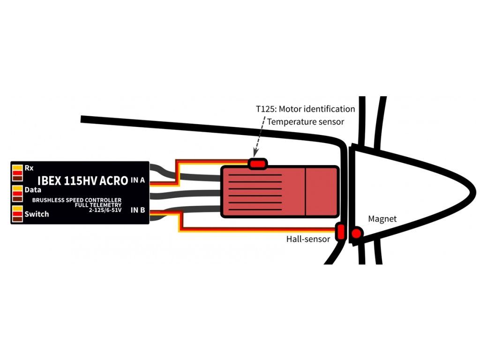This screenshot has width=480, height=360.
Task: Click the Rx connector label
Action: click(29, 167)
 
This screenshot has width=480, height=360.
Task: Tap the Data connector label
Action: click(32, 190)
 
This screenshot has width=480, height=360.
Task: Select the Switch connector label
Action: click(37, 214)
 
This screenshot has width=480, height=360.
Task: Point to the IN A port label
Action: click(138, 180)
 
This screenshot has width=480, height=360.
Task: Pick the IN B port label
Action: click(138, 210)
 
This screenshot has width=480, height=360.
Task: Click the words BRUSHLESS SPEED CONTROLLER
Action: click(76, 200)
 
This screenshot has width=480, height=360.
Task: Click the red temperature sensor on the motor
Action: click(257, 164)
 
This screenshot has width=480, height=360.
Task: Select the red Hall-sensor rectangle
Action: click(341, 232)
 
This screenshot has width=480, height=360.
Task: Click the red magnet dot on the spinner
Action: click(357, 233)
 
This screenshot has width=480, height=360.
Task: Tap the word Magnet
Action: click(382, 219)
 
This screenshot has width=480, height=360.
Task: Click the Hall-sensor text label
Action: click(308, 239)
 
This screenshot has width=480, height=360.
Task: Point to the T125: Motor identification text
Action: click(305, 109)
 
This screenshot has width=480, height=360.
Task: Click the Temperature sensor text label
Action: click(305, 121)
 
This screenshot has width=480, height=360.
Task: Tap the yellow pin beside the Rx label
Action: click(17, 167)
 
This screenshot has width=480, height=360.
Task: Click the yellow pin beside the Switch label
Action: click(17, 208)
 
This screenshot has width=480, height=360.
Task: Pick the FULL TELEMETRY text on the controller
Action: click(98, 205)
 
